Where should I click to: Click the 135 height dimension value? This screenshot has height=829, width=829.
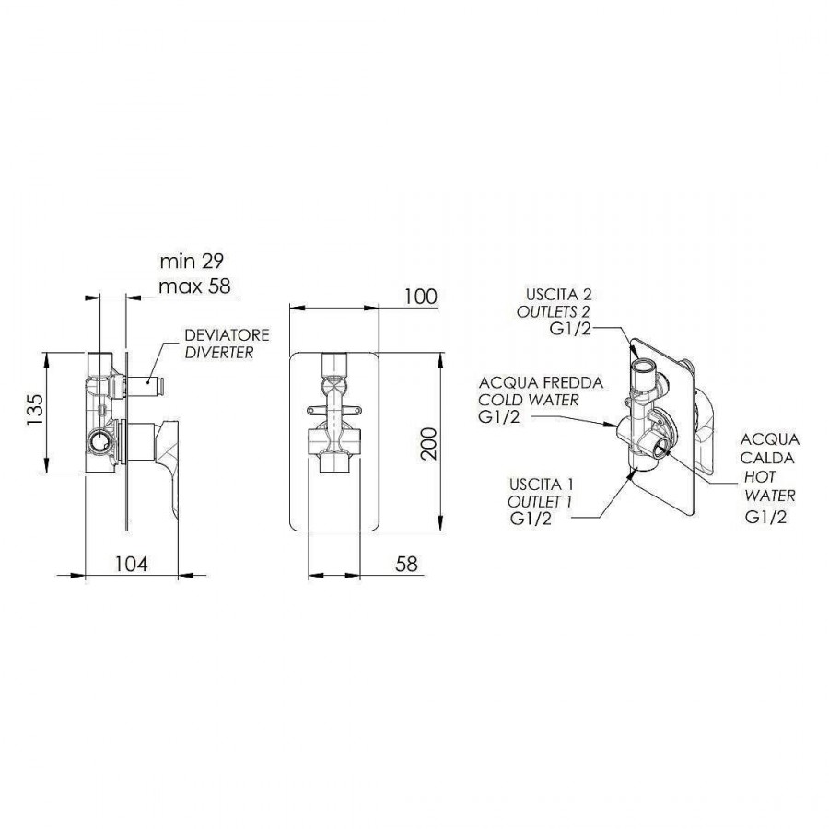(34, 410)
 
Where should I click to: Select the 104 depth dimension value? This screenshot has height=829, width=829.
(132, 564)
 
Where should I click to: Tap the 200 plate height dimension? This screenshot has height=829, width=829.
(431, 443)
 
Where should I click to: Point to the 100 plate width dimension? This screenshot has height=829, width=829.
(421, 297)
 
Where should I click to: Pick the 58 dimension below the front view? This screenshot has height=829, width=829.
(406, 564)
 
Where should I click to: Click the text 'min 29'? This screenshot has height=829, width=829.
(192, 261)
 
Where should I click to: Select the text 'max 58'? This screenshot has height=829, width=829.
(195, 286)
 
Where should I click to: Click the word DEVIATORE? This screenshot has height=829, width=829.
(227, 334)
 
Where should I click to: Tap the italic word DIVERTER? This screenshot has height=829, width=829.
(219, 352)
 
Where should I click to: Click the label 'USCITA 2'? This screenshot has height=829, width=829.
(559, 294)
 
